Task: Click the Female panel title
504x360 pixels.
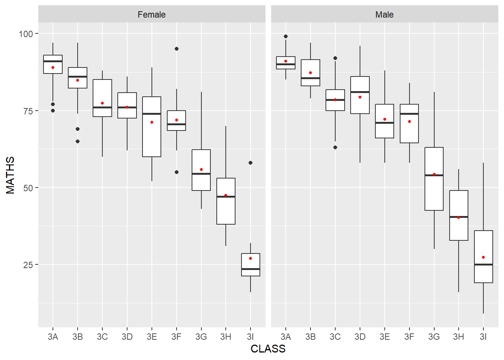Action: click(151, 15)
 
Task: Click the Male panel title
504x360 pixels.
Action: click(384, 15)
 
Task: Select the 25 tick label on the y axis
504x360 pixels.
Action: click(28, 265)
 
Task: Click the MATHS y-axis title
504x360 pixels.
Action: click(10, 175)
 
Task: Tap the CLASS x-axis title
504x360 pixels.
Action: click(268, 349)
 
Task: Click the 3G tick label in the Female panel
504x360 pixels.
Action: click(201, 337)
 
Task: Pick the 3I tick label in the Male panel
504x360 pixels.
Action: click(483, 337)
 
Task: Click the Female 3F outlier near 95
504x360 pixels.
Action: click(177, 49)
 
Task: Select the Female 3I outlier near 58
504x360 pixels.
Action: click(250, 163)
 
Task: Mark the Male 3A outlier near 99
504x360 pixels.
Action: click(286, 36)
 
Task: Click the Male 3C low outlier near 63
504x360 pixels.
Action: click(335, 147)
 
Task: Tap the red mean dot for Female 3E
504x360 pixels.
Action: click(152, 122)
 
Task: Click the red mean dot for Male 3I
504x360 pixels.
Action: click(483, 257)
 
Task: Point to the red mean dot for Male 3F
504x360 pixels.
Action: click(409, 121)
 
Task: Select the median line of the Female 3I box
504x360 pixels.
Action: click(250, 269)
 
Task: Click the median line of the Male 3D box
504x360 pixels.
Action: click(360, 92)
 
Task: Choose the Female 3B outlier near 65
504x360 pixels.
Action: click(78, 141)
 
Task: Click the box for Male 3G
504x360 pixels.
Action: click(434, 191)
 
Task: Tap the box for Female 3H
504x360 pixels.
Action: click(226, 210)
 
